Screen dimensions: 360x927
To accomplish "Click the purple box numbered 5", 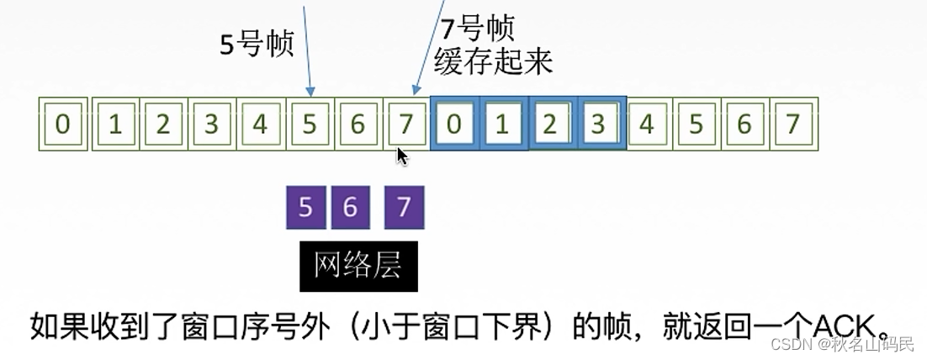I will (305, 207).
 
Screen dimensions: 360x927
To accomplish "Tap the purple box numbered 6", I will (350, 207).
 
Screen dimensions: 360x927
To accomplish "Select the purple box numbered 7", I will (404, 207).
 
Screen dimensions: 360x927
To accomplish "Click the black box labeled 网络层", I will (358, 266).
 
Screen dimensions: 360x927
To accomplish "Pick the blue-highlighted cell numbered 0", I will (454, 124).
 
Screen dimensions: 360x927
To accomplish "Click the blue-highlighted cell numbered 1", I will (503, 124).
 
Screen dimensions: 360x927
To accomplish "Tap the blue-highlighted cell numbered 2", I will (552, 124).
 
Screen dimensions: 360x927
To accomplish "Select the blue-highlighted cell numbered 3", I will (600, 124).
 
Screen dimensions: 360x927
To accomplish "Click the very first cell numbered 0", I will (63, 124).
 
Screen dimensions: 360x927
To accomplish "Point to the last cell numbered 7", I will (792, 124).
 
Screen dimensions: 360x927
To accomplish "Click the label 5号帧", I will (257, 44).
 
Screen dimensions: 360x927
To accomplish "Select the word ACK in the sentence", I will (846, 324).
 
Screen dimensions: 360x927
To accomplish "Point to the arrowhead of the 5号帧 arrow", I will (310, 92).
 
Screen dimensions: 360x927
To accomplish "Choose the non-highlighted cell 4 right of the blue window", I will (647, 124).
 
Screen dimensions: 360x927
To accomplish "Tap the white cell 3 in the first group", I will (211, 124).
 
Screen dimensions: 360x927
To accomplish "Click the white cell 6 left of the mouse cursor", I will (358, 124).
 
